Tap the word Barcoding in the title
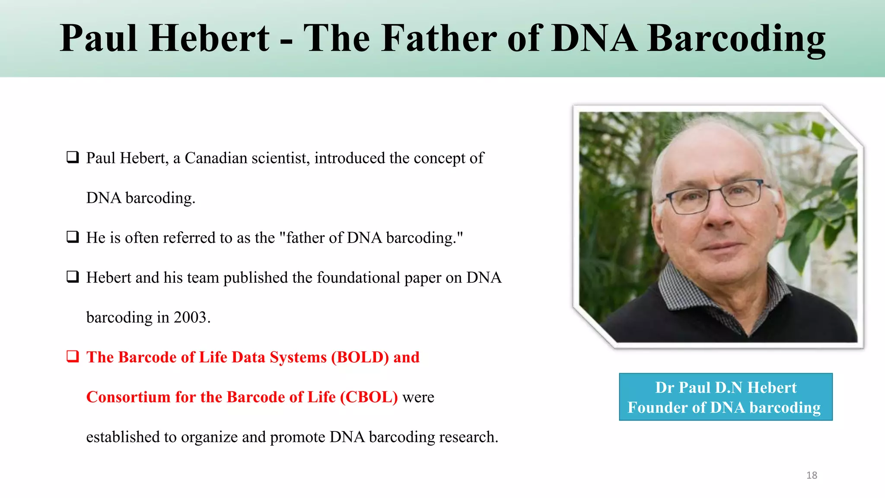click(x=736, y=39)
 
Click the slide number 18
click(x=812, y=476)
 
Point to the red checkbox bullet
click(x=73, y=357)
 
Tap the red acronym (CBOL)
click(x=369, y=397)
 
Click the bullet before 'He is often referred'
click(x=73, y=237)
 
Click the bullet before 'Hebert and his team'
click(x=73, y=277)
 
